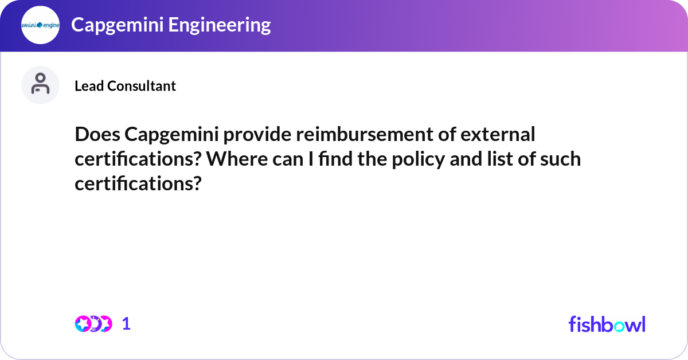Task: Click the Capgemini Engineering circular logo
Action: tap(40, 25)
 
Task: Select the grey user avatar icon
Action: tap(40, 85)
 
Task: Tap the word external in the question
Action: tap(500, 135)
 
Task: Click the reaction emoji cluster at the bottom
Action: tap(93, 324)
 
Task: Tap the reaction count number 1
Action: tap(126, 324)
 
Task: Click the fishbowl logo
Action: tap(607, 324)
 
